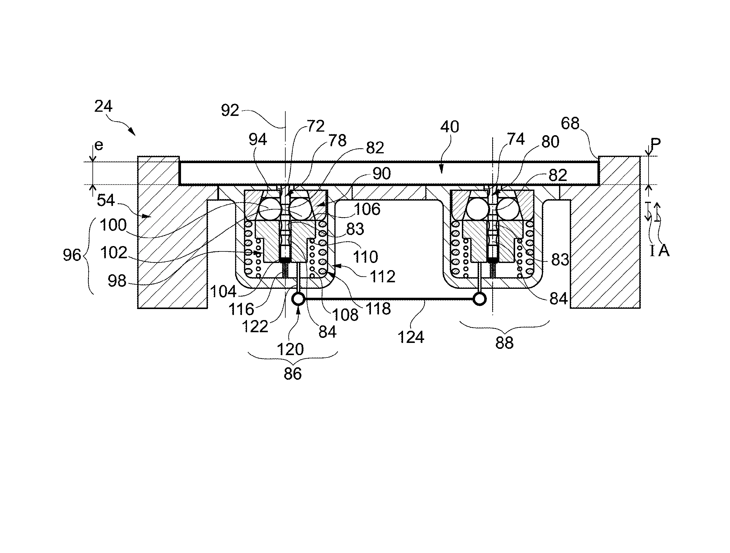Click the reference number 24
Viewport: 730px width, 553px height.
click(103, 106)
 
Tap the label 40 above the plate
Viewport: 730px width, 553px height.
click(450, 127)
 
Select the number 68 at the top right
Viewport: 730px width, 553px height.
click(570, 123)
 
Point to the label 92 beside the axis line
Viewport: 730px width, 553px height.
click(230, 110)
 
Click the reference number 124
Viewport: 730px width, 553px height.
click(411, 337)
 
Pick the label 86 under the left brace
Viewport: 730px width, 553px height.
click(293, 374)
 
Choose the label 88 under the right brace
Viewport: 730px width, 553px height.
click(505, 343)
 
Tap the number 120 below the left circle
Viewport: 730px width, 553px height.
click(290, 349)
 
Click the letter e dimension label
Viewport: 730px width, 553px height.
click(99, 146)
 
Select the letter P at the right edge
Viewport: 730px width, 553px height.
click(656, 144)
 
